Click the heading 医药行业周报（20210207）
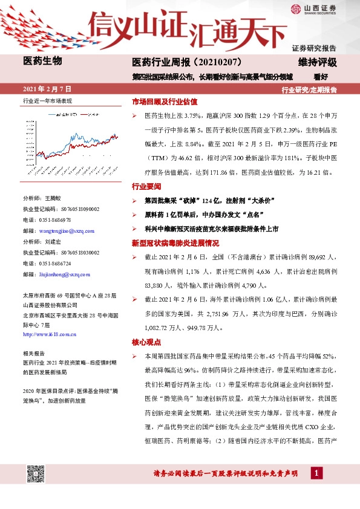[188, 62]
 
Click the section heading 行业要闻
[143, 187]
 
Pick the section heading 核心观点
[143, 342]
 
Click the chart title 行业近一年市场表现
[47, 101]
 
